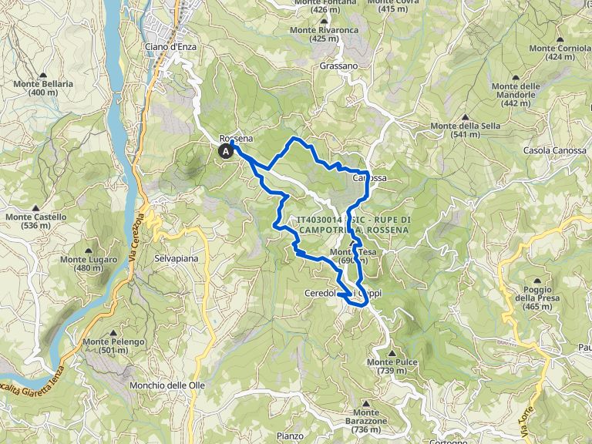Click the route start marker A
point(226,152)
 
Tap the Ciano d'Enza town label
point(170,47)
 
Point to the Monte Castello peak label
point(36,221)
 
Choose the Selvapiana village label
point(176,258)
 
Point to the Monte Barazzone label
point(365,425)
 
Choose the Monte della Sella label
point(460,129)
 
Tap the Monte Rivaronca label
point(324,34)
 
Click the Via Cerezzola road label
point(139,230)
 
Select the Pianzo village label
point(290,436)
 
